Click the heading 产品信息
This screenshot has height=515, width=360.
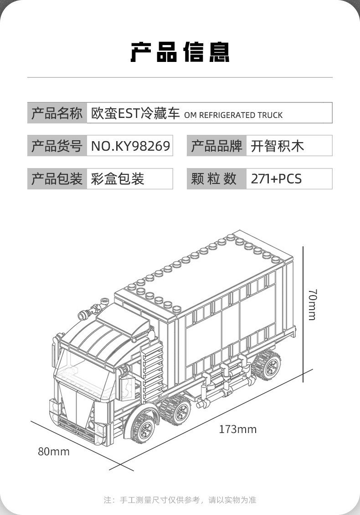click(180, 51)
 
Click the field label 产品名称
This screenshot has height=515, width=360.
click(57, 113)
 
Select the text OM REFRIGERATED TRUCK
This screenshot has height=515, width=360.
click(233, 115)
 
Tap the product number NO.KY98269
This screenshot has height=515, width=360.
click(130, 146)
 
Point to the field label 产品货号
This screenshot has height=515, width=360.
click(57, 146)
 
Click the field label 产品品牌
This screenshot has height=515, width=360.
click(216, 146)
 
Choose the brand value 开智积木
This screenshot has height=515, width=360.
click(277, 146)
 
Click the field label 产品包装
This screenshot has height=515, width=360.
click(57, 179)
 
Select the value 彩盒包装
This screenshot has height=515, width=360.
click(118, 179)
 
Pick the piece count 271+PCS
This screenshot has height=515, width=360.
click(276, 179)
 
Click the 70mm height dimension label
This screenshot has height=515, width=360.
click(312, 304)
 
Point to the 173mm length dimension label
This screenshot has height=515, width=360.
click(237, 429)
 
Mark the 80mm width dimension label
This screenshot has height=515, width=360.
click(54, 452)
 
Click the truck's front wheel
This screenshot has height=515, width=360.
click(145, 427)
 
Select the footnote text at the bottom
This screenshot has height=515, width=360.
click(180, 500)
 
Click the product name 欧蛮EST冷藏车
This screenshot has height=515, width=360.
click(136, 113)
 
